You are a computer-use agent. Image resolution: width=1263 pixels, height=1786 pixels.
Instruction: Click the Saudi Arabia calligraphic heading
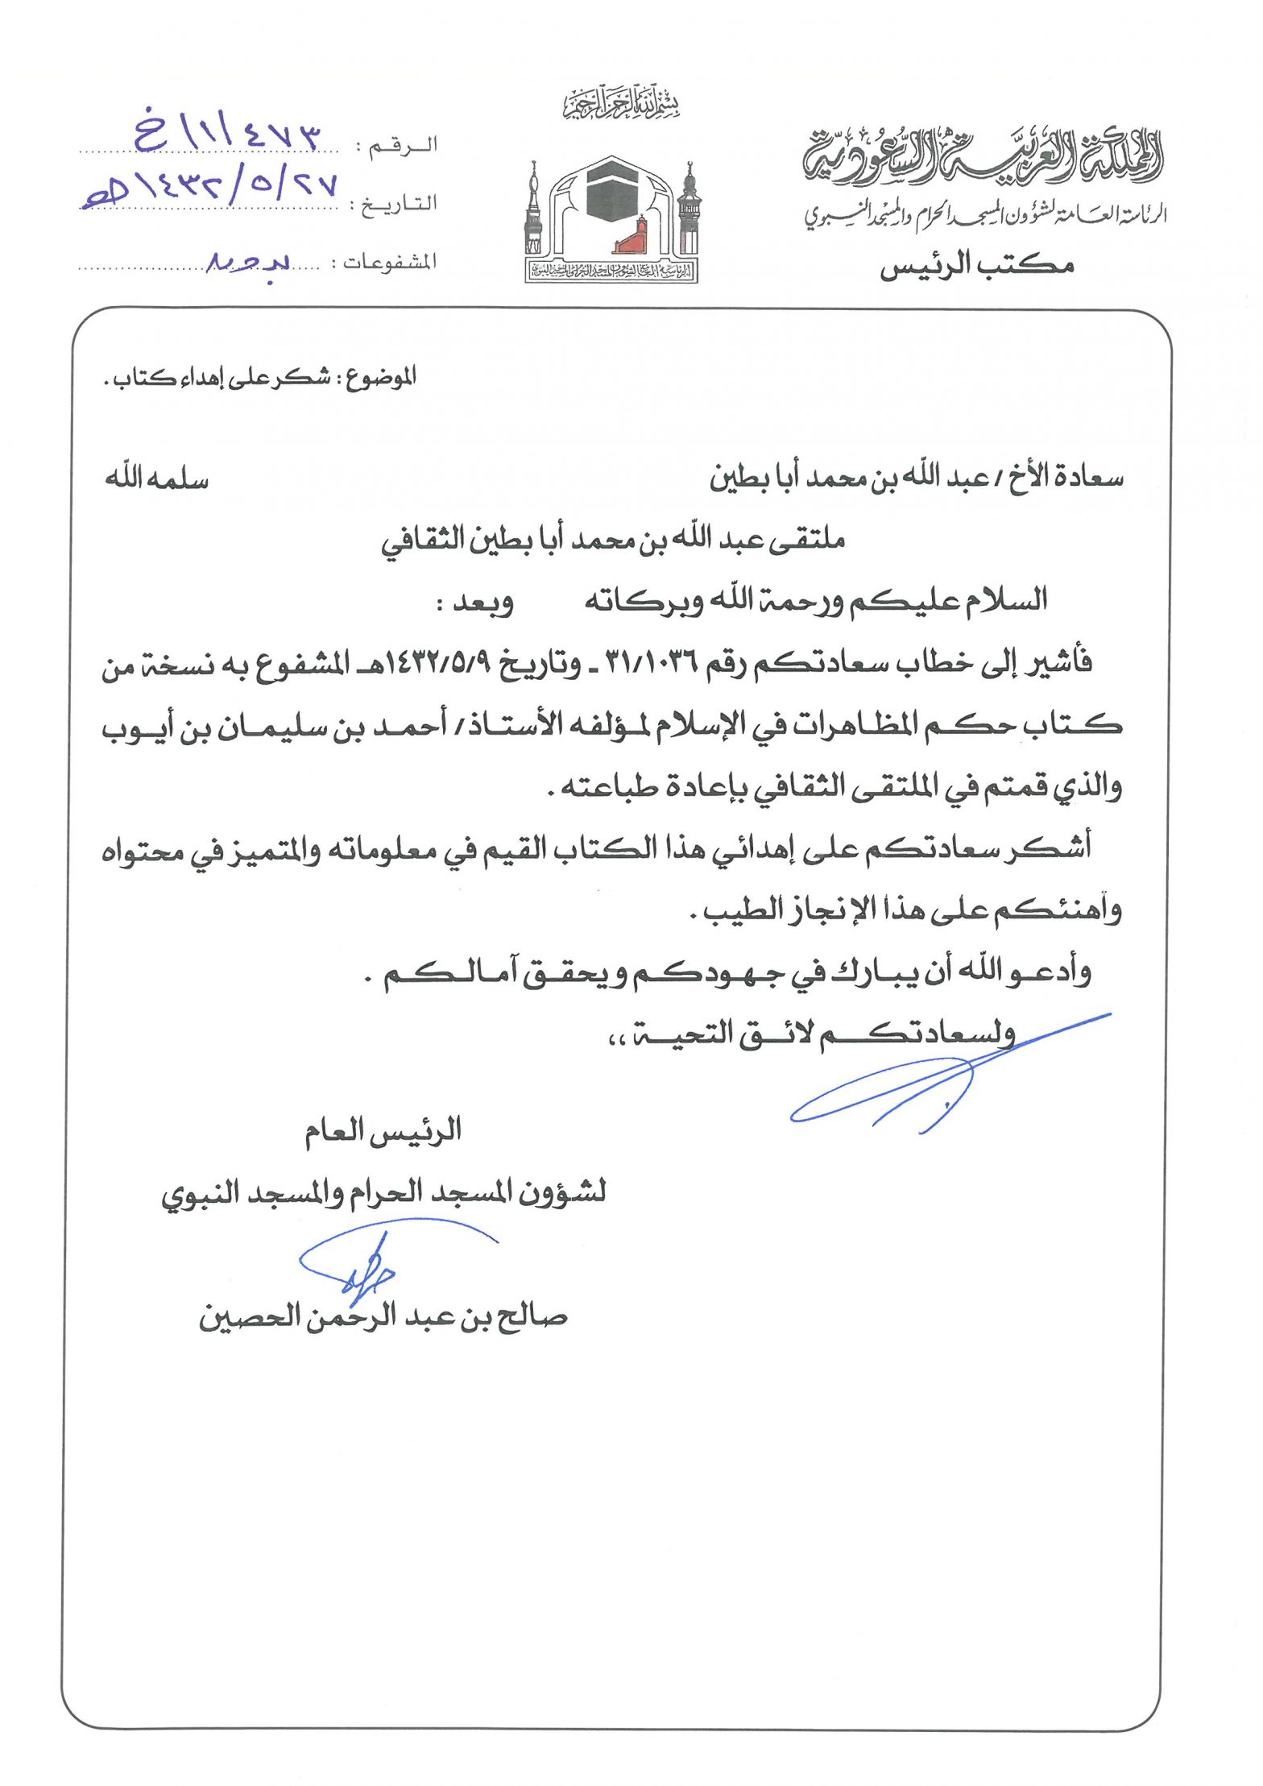coord(983,155)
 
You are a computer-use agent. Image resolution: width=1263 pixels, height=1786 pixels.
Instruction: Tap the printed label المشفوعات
coord(390,263)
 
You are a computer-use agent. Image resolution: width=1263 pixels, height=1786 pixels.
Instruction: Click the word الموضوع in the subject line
coord(381,377)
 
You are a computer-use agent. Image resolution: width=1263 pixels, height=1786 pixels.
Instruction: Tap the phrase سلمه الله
coord(156,479)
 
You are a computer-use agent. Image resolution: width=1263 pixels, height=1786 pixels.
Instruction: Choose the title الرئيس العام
coord(383,1131)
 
